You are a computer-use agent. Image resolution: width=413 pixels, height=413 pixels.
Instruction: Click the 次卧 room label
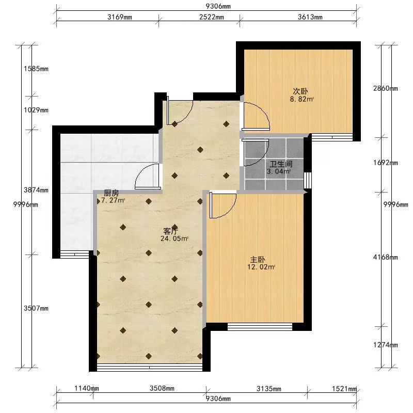tap(300, 91)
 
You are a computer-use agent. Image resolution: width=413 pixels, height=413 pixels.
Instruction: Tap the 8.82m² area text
tap(302, 99)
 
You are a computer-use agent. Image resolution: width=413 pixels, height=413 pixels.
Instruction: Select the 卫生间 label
tap(281, 164)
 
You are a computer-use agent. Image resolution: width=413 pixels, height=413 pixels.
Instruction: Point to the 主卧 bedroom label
tap(257, 260)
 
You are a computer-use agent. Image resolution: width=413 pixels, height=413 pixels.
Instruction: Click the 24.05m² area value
tap(174, 239)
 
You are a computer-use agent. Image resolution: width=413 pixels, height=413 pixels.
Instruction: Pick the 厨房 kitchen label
tap(112, 193)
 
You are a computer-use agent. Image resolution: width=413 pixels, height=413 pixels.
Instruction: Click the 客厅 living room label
tap(171, 231)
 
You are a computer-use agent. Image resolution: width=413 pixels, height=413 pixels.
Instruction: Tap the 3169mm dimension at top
tap(120, 17)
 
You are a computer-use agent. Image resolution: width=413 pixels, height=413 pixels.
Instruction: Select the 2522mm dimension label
tap(212, 17)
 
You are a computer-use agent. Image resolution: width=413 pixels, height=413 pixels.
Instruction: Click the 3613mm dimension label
tap(310, 17)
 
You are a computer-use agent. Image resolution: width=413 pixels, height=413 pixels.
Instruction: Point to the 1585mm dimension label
tap(36, 69)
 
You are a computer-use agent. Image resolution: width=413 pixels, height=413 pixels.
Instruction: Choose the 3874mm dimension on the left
tap(36, 190)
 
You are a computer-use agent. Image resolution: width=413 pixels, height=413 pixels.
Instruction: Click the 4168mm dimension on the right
tap(385, 257)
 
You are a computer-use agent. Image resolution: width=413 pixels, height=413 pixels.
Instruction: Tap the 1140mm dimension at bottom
tap(87, 388)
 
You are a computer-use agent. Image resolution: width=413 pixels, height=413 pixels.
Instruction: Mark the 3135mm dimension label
tap(268, 389)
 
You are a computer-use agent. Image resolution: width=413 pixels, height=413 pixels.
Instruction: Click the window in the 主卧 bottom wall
tap(260, 327)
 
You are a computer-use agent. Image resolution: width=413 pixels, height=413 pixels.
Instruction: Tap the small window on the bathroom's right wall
tap(308, 180)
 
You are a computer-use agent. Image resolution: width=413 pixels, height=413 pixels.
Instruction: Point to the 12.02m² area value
tap(261, 267)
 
